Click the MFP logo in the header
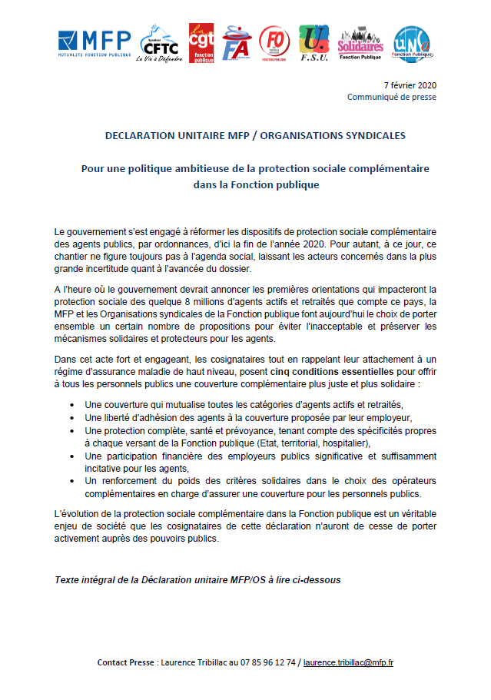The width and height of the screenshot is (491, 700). click(x=95, y=43)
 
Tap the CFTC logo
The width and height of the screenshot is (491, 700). click(x=159, y=45)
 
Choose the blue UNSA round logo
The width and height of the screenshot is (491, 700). click(x=411, y=44)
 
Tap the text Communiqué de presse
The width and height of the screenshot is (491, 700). click(x=391, y=98)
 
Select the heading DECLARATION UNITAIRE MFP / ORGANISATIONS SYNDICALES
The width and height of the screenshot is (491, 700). click(x=245, y=136)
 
